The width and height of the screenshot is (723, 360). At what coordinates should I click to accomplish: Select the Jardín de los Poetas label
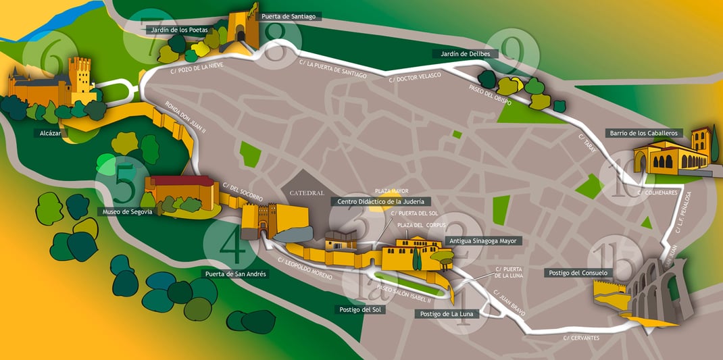180,30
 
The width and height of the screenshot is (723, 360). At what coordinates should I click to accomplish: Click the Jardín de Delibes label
465,53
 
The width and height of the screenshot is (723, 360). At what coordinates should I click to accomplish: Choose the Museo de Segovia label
129,211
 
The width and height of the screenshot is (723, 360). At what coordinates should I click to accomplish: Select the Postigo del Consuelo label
576,273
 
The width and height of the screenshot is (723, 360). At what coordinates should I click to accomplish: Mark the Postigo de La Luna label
446,313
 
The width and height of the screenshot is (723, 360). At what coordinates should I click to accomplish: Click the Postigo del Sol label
358,309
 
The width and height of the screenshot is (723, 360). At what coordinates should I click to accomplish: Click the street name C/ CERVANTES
580,337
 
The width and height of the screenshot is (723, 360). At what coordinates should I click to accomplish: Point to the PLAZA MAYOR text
392,191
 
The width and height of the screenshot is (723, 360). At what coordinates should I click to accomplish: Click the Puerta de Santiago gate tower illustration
245,28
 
